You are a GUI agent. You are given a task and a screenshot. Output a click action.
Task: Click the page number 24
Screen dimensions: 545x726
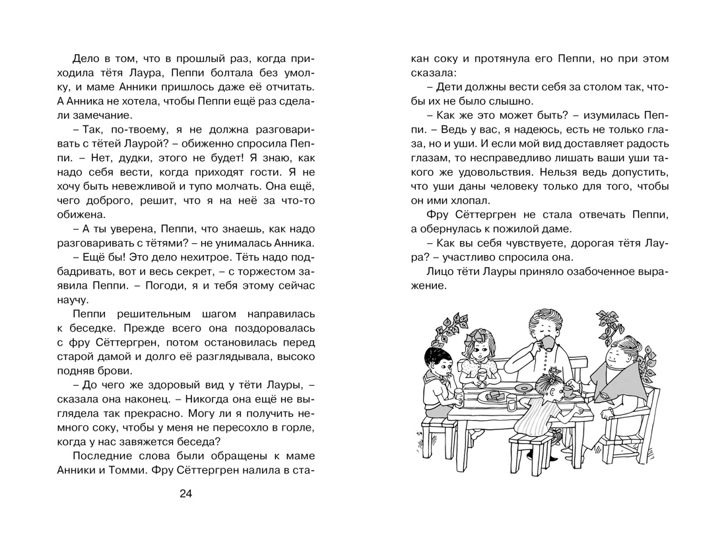pyautogui.click(x=186, y=494)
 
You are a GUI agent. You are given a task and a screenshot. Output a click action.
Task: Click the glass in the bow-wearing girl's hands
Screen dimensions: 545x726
pyautogui.click(x=482, y=375)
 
